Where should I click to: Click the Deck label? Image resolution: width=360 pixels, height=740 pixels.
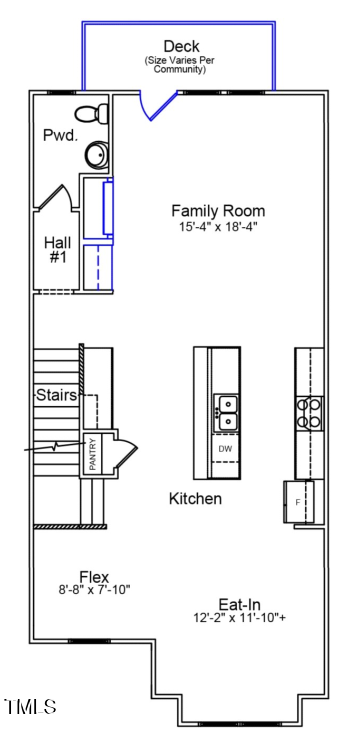[x=181, y=46]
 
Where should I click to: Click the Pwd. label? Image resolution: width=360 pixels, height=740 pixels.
[x=58, y=134]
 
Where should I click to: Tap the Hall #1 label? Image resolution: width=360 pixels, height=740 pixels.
[x=57, y=249]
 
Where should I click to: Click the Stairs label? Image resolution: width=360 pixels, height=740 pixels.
[x=57, y=395]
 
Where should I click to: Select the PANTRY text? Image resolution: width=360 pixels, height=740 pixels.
[x=92, y=454]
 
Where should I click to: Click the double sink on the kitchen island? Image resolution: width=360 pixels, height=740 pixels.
[x=226, y=412]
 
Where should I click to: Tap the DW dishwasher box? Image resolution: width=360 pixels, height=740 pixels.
[x=226, y=449]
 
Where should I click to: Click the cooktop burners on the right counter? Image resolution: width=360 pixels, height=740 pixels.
[x=308, y=412]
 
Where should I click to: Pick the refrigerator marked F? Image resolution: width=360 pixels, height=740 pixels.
[x=298, y=500]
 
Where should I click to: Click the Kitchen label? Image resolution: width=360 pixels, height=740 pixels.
[x=195, y=498]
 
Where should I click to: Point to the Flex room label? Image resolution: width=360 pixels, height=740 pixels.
[x=94, y=577]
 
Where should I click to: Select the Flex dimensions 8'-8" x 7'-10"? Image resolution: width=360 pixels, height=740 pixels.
[x=94, y=590]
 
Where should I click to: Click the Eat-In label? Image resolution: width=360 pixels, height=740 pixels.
[x=240, y=604]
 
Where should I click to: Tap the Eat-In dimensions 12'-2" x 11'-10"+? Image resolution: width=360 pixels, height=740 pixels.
[x=240, y=618]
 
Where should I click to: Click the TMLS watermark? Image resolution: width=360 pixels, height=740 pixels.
[x=30, y=707]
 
